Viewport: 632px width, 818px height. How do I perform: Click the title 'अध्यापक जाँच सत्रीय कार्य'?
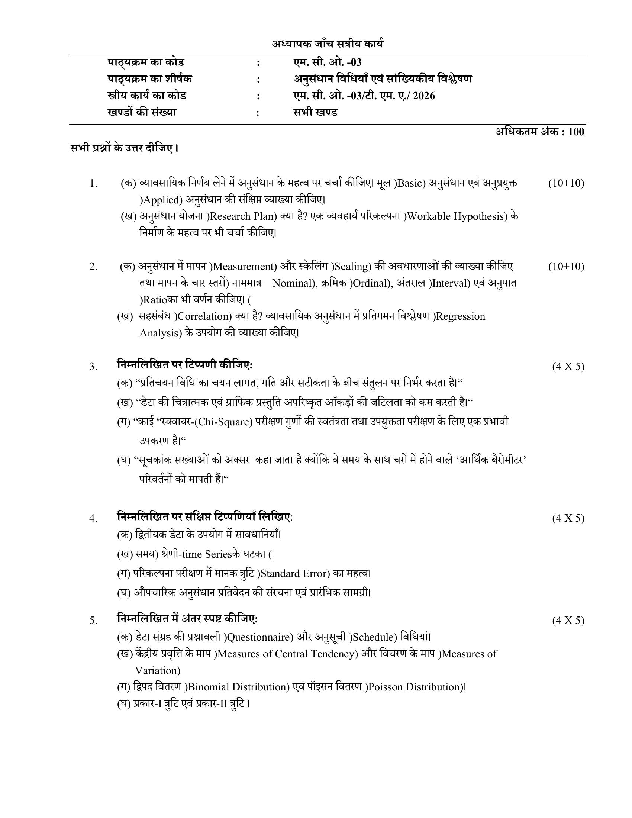pyautogui.click(x=328, y=44)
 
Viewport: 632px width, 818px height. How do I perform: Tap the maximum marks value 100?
pyautogui.click(x=576, y=132)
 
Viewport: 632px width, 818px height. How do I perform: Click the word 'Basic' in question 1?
pyautogui.click(x=410, y=184)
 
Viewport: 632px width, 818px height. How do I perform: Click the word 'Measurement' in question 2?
pyautogui.click(x=244, y=267)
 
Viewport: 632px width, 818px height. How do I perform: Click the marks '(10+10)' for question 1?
pyautogui.click(x=566, y=184)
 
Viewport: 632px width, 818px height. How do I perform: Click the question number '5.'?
pyautogui.click(x=93, y=621)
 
